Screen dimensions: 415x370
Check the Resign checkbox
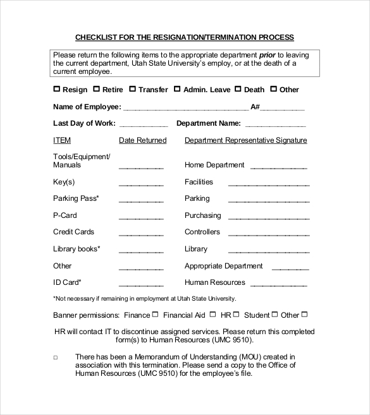pyautogui.click(x=57, y=89)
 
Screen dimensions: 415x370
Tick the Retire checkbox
pyautogui.click(x=97, y=89)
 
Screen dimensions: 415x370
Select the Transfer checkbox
pyautogui.click(x=133, y=89)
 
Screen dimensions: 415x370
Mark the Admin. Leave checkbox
pyautogui.click(x=177, y=89)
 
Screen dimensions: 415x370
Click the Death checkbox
pyautogui.click(x=238, y=89)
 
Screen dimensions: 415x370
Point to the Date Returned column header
pyautogui.click(x=142, y=140)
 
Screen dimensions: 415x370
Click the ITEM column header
pyautogui.click(x=62, y=140)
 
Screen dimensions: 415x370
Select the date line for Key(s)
pyautogui.click(x=141, y=185)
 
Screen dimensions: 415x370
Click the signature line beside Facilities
pyautogui.click(x=268, y=185)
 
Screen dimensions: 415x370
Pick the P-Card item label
pyautogui.click(x=65, y=215)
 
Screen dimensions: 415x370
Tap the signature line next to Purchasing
pyautogui.click(x=268, y=219)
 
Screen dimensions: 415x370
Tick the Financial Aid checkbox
pyautogui.click(x=213, y=314)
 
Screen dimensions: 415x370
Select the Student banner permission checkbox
pyautogui.click(x=275, y=314)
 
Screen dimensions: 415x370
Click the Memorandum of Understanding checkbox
pyautogui.click(x=55, y=358)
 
